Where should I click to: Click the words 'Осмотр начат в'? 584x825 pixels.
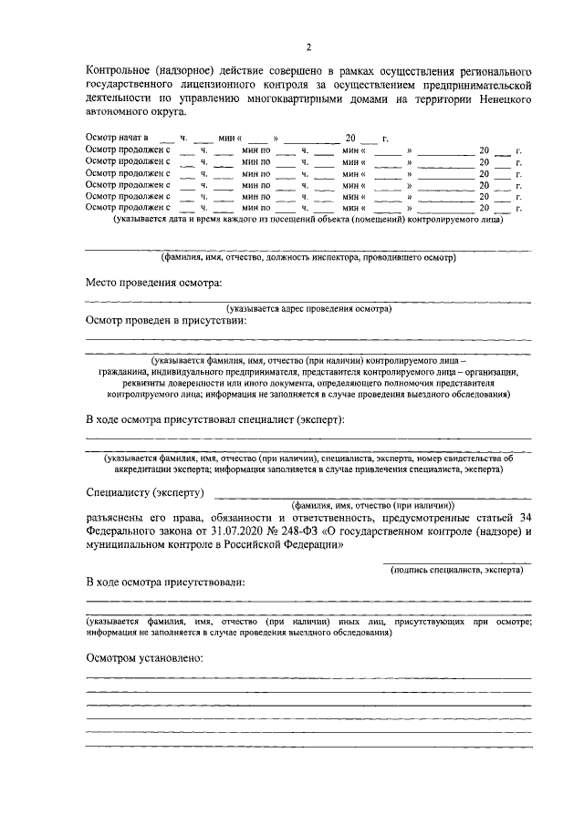[x=117, y=138]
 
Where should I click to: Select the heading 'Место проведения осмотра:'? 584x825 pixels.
[x=154, y=284]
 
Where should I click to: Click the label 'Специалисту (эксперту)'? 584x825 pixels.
[x=145, y=492]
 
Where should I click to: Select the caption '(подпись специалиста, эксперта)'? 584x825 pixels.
[x=456, y=569]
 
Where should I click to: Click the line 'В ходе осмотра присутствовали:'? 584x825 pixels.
[x=165, y=582]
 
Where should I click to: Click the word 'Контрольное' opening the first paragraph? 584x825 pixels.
[x=120, y=71]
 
